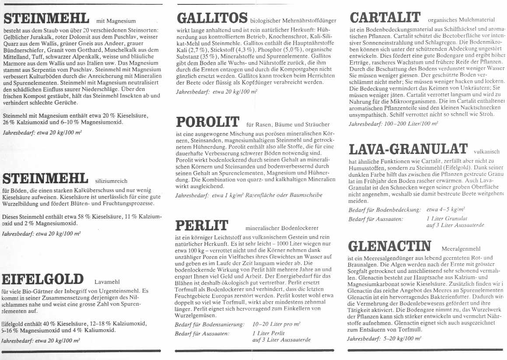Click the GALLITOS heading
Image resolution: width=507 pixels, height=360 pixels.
(x=212, y=19)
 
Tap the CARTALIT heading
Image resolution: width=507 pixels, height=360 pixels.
(x=385, y=18)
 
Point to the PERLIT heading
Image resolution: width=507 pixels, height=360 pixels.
(x=202, y=226)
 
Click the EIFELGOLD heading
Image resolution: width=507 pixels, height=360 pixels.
(x=43, y=279)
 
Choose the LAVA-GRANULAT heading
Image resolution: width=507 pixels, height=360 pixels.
(x=408, y=149)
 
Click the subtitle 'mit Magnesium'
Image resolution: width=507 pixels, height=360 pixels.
(x=116, y=21)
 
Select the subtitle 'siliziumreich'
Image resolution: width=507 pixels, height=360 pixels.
(x=112, y=180)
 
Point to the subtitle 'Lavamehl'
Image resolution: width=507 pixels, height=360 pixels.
(x=107, y=282)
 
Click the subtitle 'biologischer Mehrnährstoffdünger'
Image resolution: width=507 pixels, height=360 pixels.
(x=294, y=20)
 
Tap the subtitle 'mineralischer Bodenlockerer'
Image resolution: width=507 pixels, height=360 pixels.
(x=282, y=228)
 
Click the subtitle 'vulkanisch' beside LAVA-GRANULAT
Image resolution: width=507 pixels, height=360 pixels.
(x=486, y=152)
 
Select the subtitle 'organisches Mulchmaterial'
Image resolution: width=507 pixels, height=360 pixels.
(x=461, y=20)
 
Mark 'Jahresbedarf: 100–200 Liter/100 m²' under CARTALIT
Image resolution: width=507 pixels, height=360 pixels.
(x=393, y=124)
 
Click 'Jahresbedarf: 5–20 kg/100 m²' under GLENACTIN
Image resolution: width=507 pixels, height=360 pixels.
(x=384, y=339)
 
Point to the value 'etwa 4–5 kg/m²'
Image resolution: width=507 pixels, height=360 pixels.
(x=445, y=210)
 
